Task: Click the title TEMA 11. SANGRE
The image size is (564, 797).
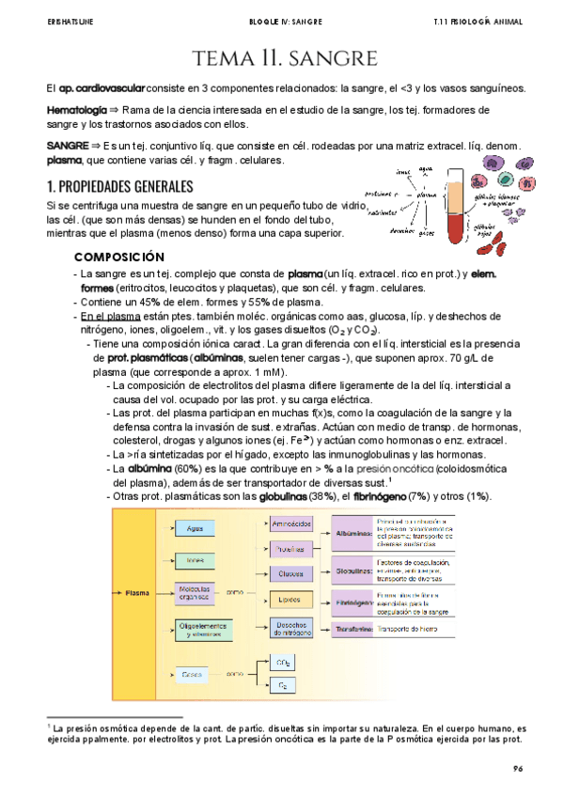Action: [x=281, y=59]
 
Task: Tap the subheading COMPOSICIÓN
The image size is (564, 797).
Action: [x=118, y=258]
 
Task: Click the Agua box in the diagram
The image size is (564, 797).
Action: [x=196, y=530]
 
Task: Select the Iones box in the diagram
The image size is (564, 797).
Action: [x=196, y=560]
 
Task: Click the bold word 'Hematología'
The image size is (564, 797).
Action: [x=76, y=111]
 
